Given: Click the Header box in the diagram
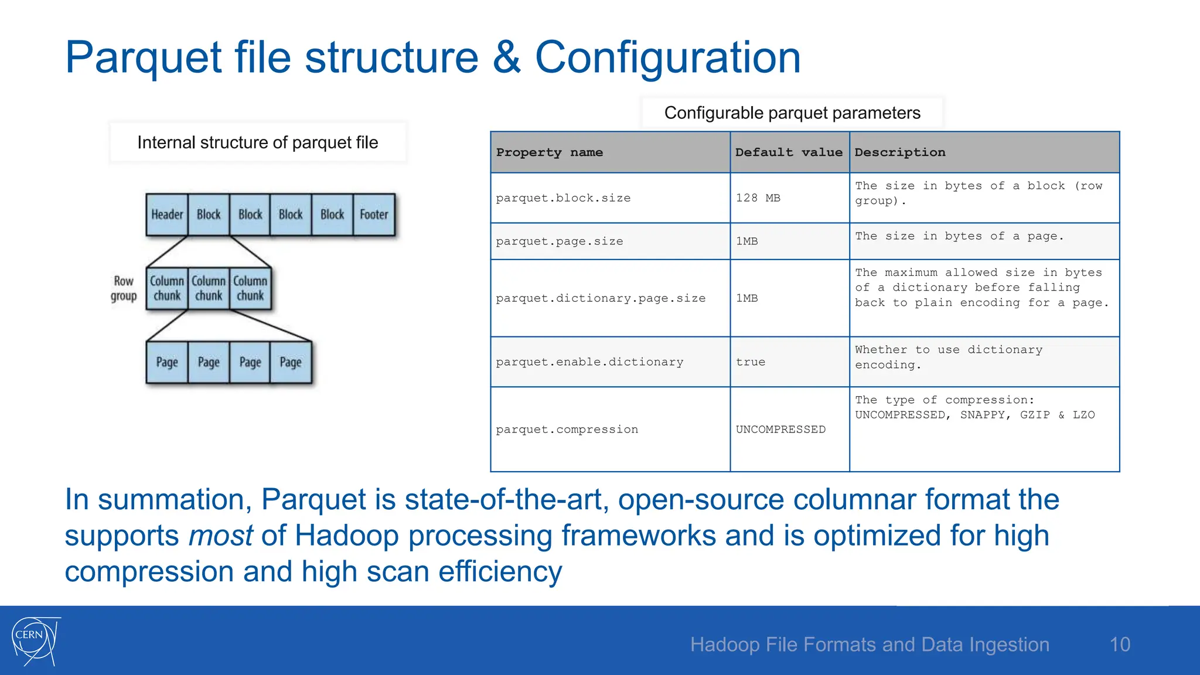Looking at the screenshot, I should pos(167,214).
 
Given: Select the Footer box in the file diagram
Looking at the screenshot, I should pos(374,214).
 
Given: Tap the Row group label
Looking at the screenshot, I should pos(124,288).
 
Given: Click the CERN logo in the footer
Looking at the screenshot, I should pos(35,641).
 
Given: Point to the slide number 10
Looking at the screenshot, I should pos(1120,645).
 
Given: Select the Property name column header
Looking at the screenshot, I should pos(549,152).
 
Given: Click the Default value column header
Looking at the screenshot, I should pos(789,152).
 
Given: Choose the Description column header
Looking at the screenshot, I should pos(899,152).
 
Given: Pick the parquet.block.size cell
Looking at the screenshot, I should pos(563,198).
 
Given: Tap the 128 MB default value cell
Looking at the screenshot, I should pos(758,198).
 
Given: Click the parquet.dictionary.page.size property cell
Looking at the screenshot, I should pos(601,298).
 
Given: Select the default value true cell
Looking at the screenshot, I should pos(751,362).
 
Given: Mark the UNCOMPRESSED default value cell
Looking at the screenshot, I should pos(780,429).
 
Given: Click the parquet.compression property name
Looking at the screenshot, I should pos(567,429).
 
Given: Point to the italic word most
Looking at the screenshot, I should pos(220,536).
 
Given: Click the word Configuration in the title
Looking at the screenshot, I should pos(667,57).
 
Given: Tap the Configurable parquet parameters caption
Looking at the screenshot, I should pos(792,112).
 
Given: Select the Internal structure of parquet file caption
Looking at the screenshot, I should pos(258,142).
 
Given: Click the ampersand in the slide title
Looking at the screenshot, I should pos(506,57).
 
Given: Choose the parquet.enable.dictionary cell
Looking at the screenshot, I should pos(589,362).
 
